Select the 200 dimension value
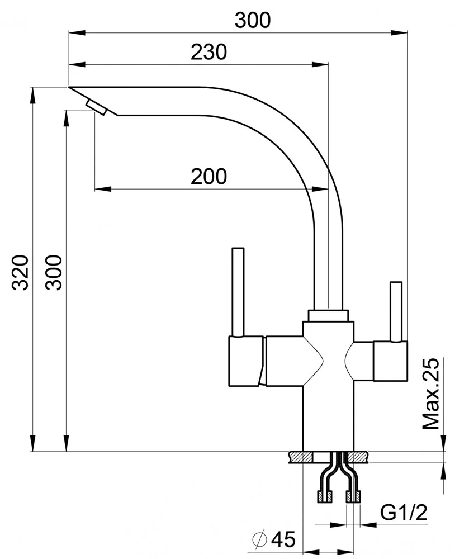(x=209, y=176)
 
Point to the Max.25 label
(x=432, y=394)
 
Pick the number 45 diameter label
(x=282, y=539)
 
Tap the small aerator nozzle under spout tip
(x=96, y=107)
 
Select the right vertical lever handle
(x=396, y=311)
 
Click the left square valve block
(x=246, y=361)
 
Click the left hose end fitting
(x=324, y=495)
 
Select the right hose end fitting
(x=354, y=495)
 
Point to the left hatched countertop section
(x=301, y=457)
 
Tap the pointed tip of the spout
(x=70, y=88)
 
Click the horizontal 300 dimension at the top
(x=252, y=20)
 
